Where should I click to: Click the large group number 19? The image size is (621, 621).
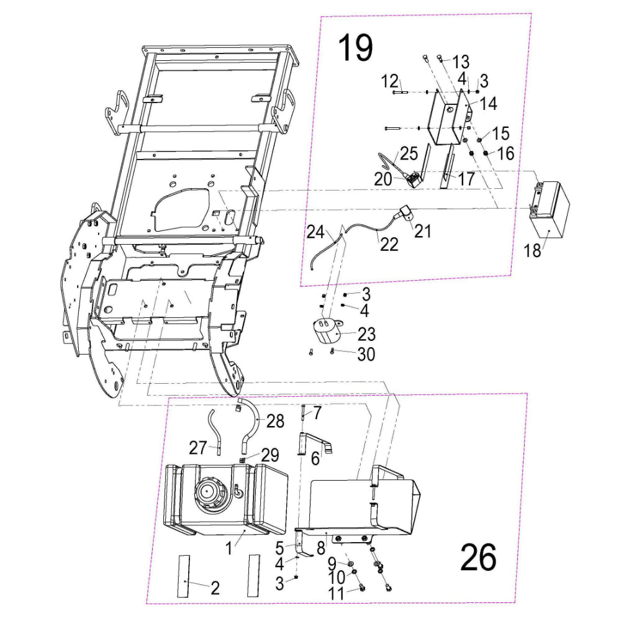[355, 48]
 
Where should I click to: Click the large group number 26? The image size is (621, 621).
[478, 557]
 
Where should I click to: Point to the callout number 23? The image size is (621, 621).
[366, 335]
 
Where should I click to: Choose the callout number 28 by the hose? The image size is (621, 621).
[275, 422]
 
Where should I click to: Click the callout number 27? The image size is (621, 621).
[197, 446]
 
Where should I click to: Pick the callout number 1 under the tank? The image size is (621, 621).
[229, 548]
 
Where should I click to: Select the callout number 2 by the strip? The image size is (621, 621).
[214, 588]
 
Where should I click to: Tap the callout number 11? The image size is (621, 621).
[335, 594]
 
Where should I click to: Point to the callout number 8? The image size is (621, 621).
[320, 548]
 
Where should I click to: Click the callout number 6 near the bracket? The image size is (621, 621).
[315, 459]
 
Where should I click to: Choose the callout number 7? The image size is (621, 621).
[317, 412]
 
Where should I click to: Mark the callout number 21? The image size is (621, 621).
[422, 230]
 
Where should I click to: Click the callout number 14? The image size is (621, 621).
[488, 104]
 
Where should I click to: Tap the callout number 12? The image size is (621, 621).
[388, 81]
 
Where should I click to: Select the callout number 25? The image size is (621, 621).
[409, 153]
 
